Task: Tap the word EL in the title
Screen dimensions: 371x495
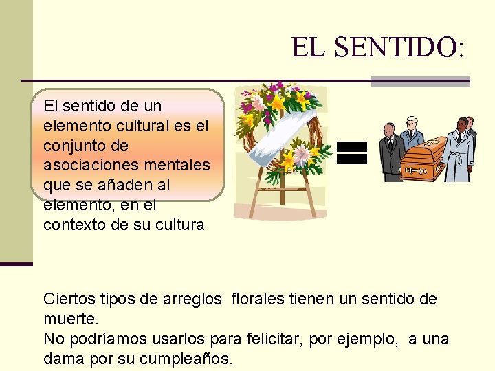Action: coord(309,47)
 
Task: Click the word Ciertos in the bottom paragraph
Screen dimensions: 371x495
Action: coord(66,299)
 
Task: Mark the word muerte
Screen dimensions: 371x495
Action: coord(71,319)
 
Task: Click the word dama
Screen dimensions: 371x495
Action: coord(63,359)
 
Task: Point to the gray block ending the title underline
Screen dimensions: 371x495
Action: coord(420,81)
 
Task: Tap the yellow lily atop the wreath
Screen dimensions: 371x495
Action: coord(276,102)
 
